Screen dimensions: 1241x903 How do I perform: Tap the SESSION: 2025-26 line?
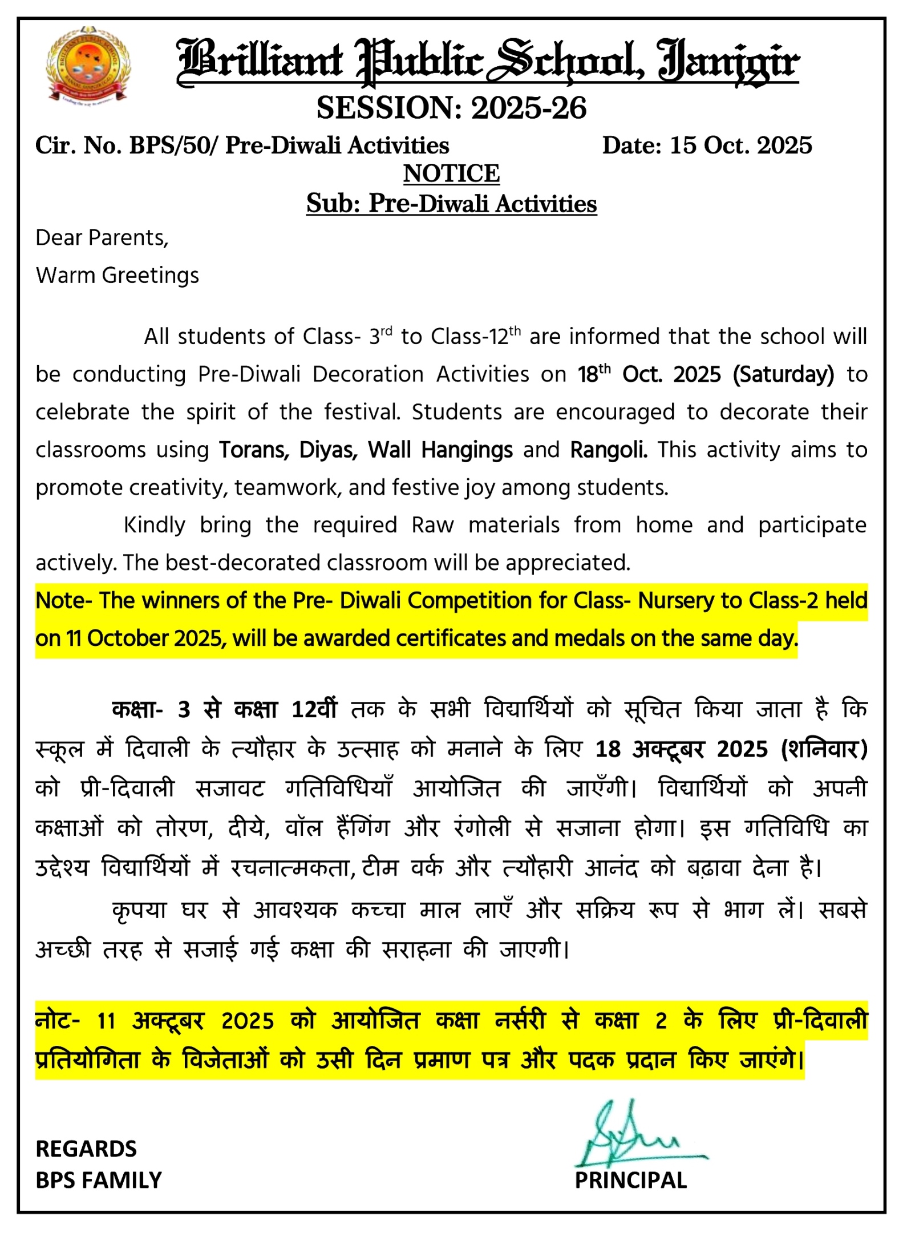(451, 108)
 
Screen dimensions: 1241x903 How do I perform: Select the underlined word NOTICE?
(451, 173)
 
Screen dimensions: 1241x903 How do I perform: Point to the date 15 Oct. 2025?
(740, 145)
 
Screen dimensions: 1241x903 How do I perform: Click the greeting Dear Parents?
(102, 238)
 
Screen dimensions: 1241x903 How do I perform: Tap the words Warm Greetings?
(118, 276)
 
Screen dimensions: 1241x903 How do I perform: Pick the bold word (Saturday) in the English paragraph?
(783, 374)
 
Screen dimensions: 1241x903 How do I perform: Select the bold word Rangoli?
(609, 450)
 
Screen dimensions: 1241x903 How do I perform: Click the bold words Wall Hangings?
(440, 450)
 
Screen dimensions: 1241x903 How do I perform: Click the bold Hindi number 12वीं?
(314, 709)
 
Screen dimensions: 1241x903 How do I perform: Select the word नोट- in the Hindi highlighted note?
(58, 1020)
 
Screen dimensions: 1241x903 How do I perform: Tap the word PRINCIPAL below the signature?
(630, 1180)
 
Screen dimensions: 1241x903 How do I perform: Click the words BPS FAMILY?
(99, 1180)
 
